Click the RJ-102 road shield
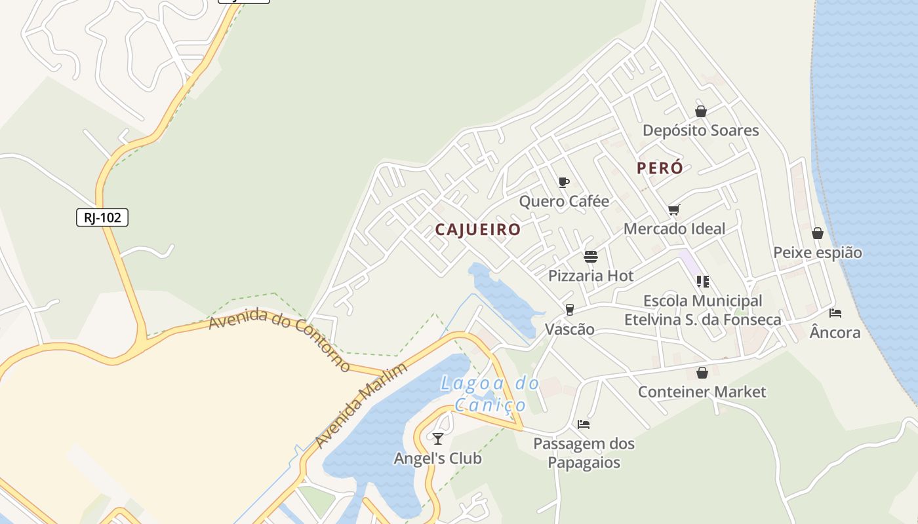click(x=102, y=217)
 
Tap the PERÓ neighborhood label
click(x=660, y=168)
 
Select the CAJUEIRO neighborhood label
click(x=478, y=230)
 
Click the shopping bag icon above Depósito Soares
click(x=701, y=111)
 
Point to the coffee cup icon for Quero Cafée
click(x=563, y=182)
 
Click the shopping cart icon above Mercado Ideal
click(x=673, y=210)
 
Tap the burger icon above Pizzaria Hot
click(x=591, y=256)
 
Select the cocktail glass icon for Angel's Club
click(x=438, y=438)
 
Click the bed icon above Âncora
click(x=835, y=313)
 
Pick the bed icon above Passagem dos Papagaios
click(x=584, y=424)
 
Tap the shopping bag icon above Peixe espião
click(x=817, y=233)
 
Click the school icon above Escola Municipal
click(x=702, y=282)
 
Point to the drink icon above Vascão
click(x=569, y=310)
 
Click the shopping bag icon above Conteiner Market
click(x=702, y=373)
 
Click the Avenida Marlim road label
click(x=361, y=405)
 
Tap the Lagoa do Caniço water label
click(x=490, y=394)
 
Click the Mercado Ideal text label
click(x=674, y=229)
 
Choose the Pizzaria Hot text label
click(x=591, y=276)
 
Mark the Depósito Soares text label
click(x=700, y=130)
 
